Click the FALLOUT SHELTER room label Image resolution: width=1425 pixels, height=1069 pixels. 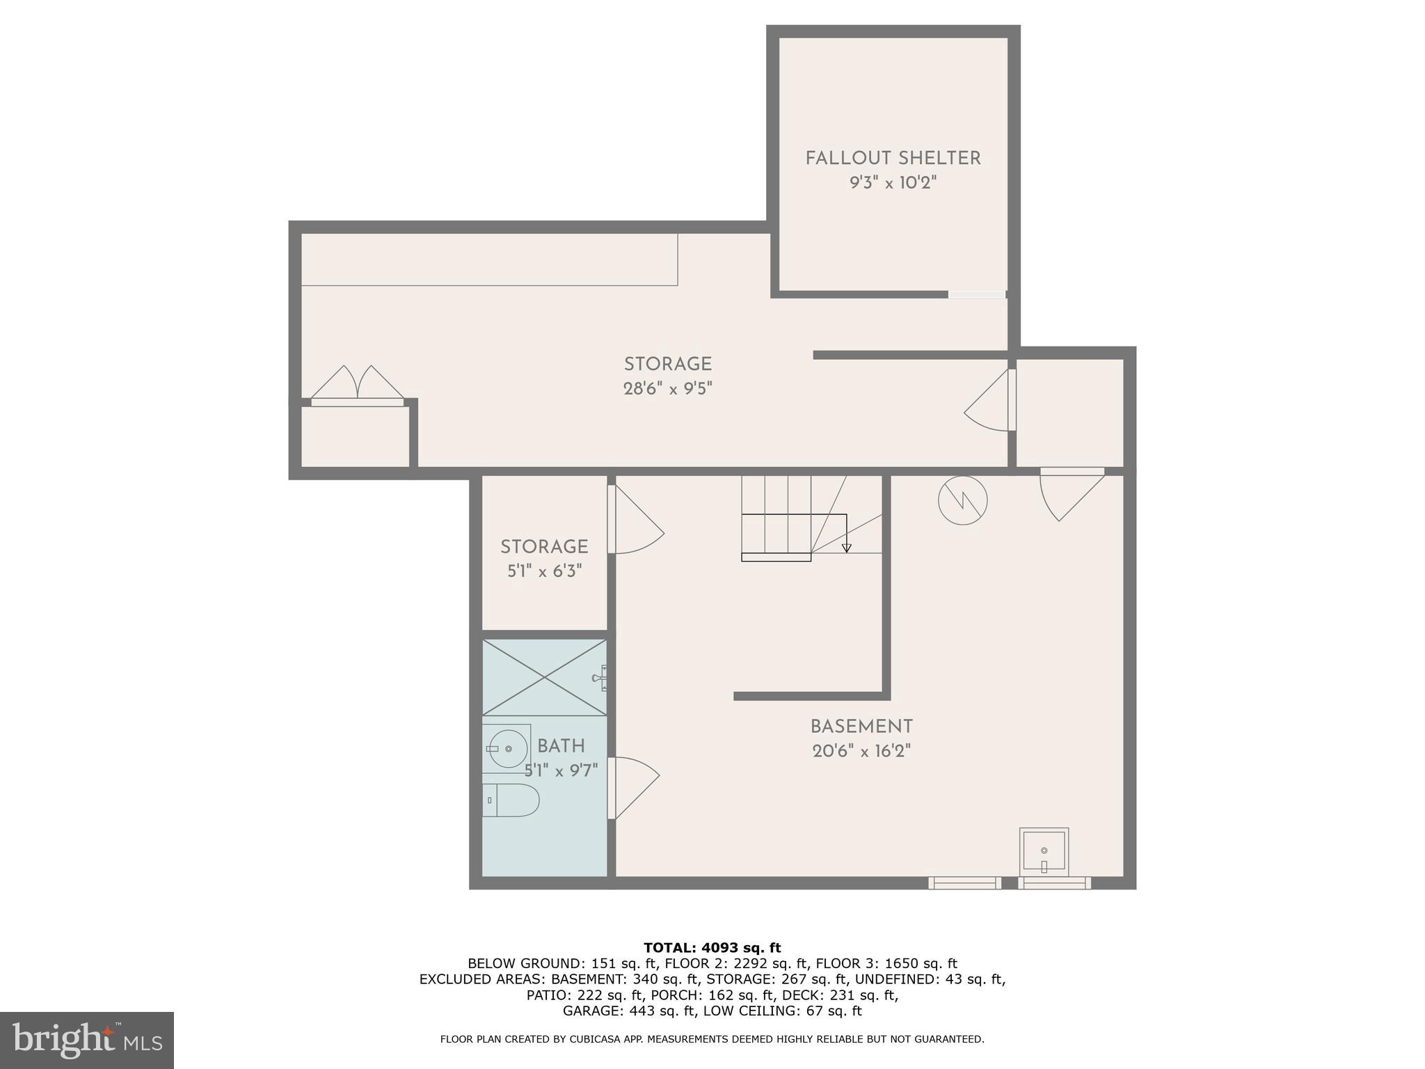(893, 159)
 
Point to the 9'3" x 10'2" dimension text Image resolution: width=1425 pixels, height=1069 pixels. (893, 183)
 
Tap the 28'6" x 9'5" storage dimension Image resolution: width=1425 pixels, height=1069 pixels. (667, 388)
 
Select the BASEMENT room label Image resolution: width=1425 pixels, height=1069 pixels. (861, 727)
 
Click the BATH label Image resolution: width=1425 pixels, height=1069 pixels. (561, 746)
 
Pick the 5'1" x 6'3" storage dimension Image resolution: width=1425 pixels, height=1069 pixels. (544, 571)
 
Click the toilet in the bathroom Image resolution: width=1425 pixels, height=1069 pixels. (511, 800)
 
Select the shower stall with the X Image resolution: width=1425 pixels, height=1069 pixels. (544, 676)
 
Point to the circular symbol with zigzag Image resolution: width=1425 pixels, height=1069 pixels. (962, 500)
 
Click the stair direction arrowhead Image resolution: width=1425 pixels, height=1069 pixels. (846, 548)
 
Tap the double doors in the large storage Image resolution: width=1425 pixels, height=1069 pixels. (357, 385)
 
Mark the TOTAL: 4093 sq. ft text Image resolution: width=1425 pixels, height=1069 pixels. (712, 948)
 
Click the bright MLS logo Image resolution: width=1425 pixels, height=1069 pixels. (86, 1040)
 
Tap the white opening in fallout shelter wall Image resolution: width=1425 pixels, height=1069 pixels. (976, 294)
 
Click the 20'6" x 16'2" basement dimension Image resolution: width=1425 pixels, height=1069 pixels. (861, 752)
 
